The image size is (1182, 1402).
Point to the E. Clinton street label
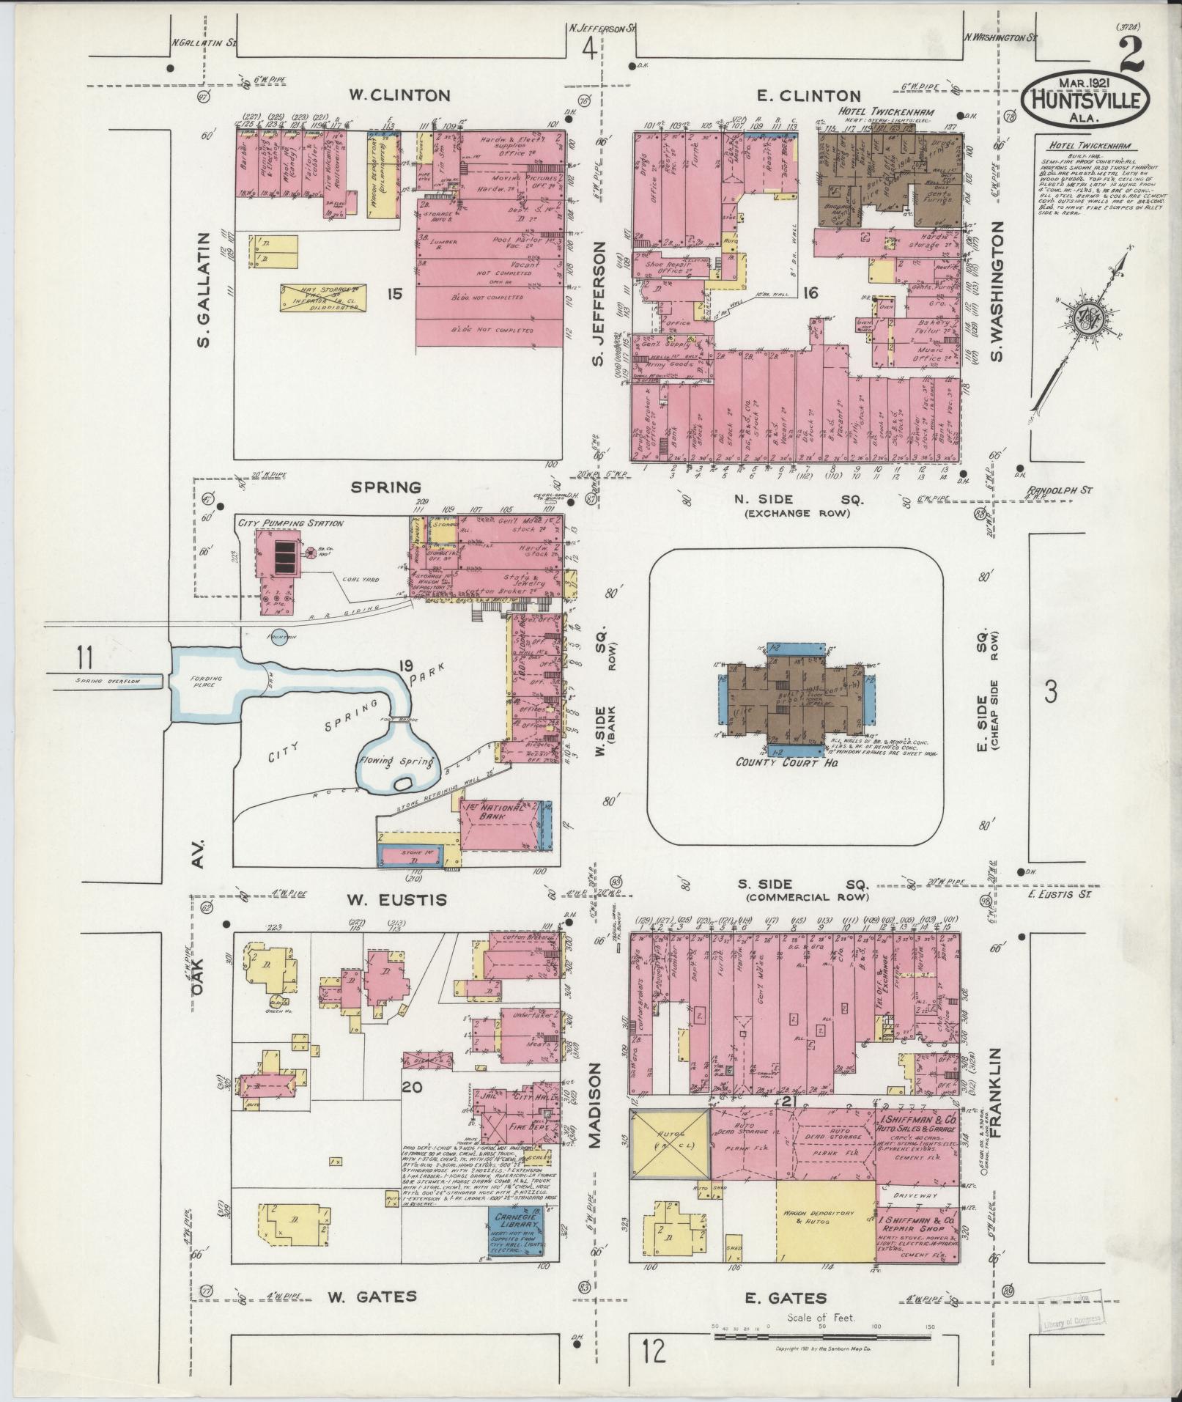click(x=808, y=95)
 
